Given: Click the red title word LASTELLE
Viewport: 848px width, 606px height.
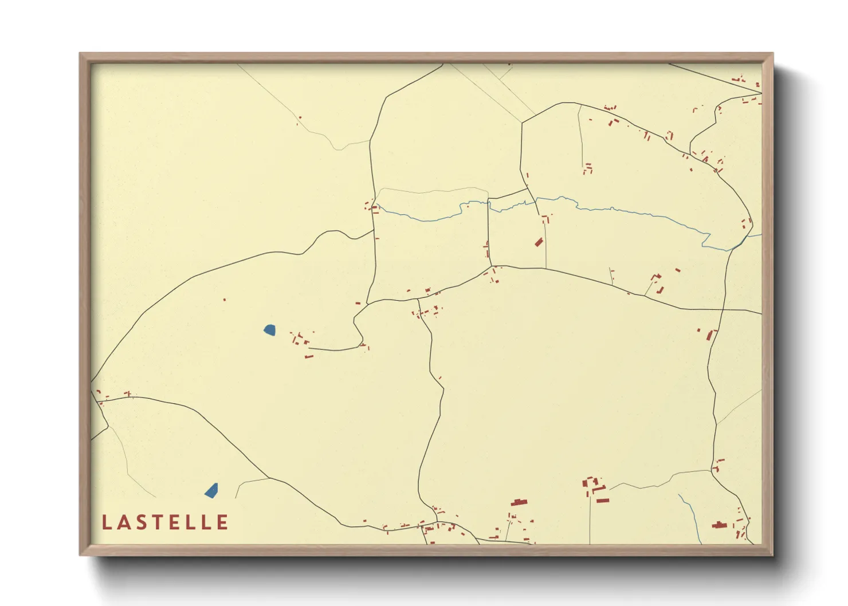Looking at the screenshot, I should coord(165,522).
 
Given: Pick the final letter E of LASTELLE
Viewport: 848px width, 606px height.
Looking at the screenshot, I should coord(222,522).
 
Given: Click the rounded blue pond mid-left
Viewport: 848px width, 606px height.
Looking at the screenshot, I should coord(269,329).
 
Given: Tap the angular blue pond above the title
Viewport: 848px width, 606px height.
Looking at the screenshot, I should coord(211,491).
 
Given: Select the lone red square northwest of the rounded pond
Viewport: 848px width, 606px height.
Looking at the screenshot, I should coord(225,300).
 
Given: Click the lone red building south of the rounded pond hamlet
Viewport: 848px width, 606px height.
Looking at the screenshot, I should coord(309,357).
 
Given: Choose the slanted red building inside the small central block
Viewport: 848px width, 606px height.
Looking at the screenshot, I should coord(539,242).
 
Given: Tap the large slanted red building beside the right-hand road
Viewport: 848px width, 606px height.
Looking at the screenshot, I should coord(712,335).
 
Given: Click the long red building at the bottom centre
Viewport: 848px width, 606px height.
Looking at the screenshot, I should coord(519,503).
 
